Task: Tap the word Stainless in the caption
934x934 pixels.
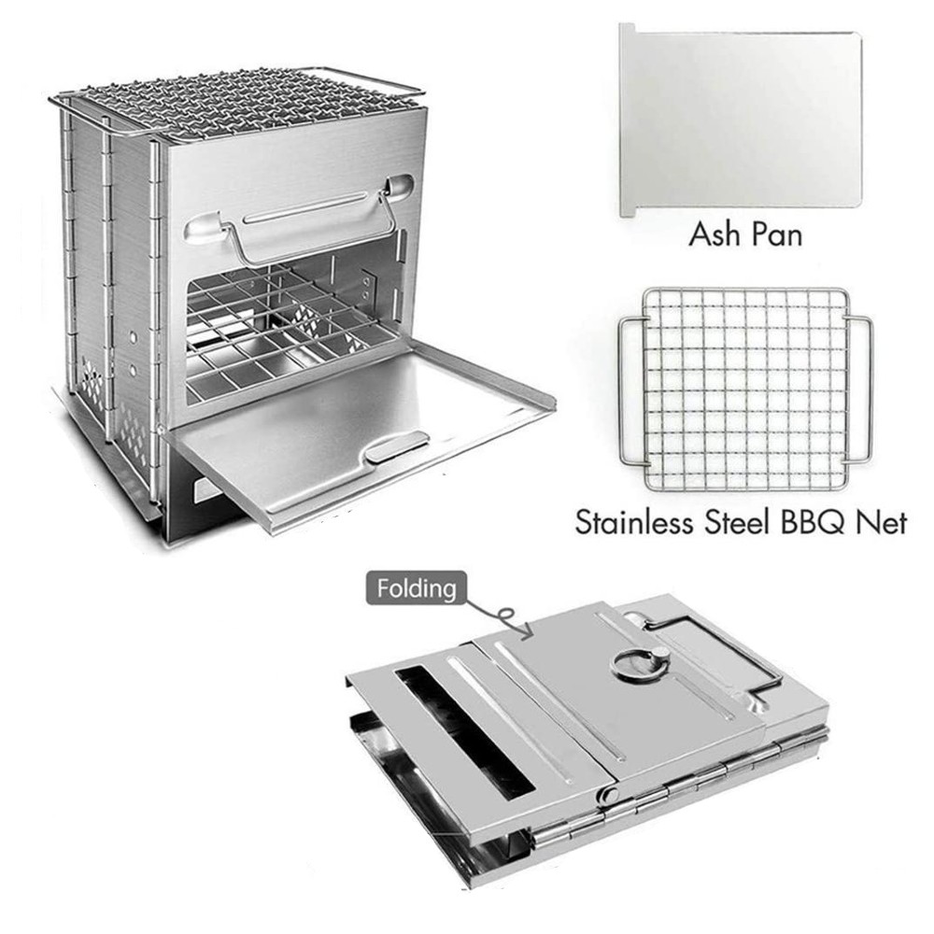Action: pyautogui.click(x=635, y=522)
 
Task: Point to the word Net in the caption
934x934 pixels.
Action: pyautogui.click(x=882, y=522)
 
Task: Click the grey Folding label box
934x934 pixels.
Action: pyautogui.click(x=417, y=588)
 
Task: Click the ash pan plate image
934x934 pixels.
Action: pyautogui.click(x=741, y=120)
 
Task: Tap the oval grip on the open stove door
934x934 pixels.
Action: pyautogui.click(x=396, y=446)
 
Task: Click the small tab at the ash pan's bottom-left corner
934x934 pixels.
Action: pyautogui.click(x=628, y=211)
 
